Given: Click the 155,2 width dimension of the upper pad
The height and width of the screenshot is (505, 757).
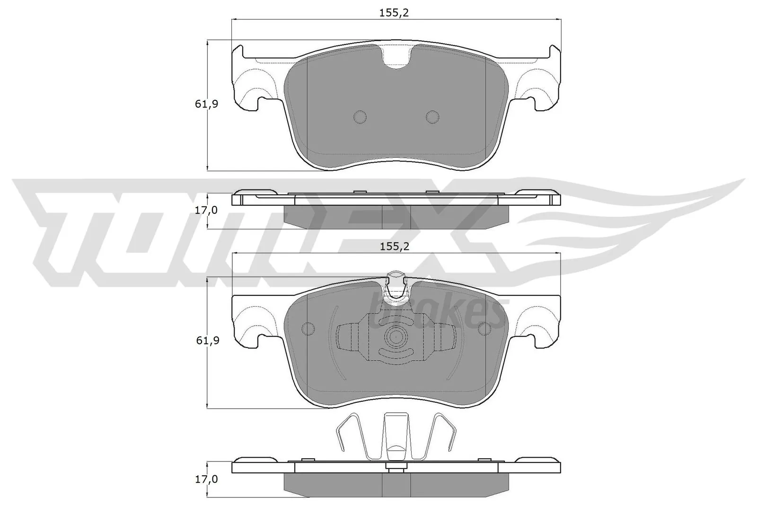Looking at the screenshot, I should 394,13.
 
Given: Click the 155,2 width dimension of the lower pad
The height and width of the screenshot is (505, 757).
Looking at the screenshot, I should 394,247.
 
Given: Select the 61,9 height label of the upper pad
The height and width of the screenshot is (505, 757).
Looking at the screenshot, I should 206,104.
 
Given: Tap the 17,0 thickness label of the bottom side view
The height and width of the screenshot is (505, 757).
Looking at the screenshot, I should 206,479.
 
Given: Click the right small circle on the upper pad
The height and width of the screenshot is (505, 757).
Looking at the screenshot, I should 432,117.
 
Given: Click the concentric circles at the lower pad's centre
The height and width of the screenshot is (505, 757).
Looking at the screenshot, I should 396,337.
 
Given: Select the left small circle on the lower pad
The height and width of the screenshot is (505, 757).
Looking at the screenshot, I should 308,328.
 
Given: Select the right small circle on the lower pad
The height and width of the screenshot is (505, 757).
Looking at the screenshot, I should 485,328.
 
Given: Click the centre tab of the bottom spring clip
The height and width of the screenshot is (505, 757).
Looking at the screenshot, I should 396,435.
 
